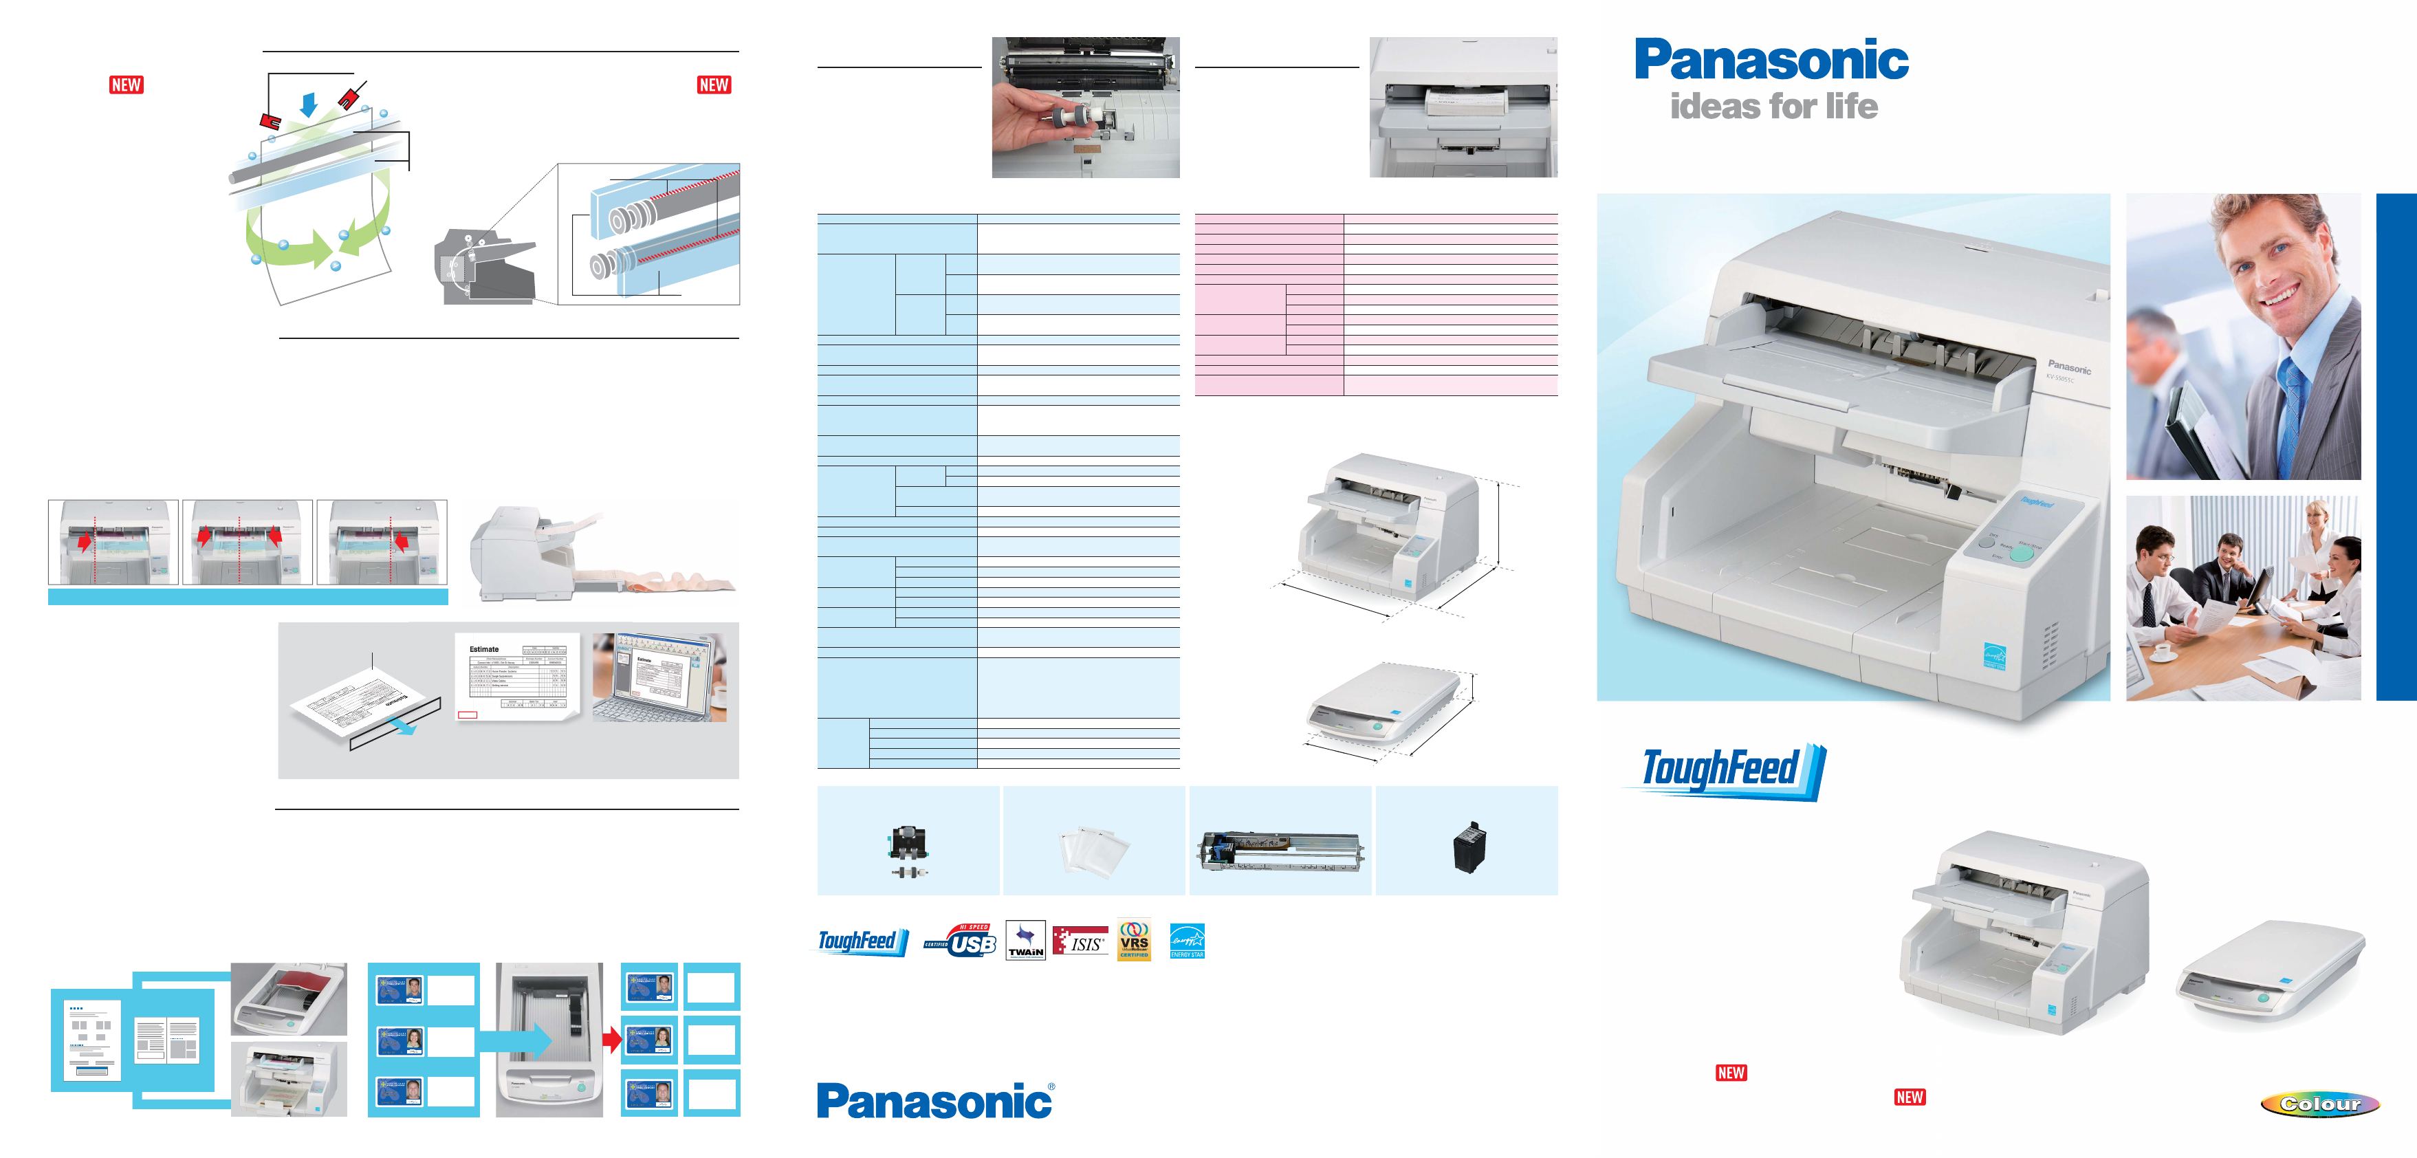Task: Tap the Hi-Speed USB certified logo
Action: pos(961,940)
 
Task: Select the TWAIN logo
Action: pos(1025,940)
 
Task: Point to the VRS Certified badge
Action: pos(1133,940)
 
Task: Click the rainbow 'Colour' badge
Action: pos(2319,1104)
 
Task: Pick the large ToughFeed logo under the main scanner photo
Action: pos(1725,770)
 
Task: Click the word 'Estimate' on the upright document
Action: pos(484,649)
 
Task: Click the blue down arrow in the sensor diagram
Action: pos(309,104)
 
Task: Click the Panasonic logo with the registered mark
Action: pos(934,1101)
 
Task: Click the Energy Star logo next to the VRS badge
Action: pos(1187,940)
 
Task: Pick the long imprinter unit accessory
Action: pos(1281,850)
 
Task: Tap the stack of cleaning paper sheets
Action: pos(1094,850)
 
